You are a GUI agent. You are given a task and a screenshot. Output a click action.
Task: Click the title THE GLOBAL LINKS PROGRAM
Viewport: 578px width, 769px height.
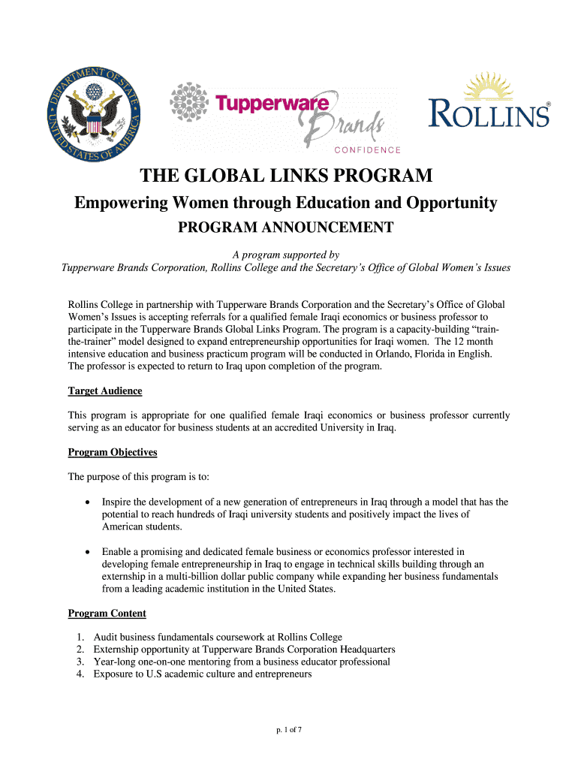tap(286, 176)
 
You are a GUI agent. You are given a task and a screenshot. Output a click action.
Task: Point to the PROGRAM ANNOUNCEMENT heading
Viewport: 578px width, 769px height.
tap(285, 228)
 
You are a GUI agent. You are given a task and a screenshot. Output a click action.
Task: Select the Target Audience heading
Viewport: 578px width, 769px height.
tap(105, 391)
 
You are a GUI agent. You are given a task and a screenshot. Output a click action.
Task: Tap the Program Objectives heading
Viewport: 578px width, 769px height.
tap(113, 452)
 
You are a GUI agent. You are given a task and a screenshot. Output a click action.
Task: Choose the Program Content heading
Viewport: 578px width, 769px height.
tap(107, 614)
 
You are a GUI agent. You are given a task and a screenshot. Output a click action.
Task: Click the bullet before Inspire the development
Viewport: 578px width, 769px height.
tap(89, 502)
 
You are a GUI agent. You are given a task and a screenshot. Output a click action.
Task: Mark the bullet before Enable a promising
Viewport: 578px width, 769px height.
tap(89, 552)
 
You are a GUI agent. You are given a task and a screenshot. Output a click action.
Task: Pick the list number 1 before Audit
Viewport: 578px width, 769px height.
tap(80, 637)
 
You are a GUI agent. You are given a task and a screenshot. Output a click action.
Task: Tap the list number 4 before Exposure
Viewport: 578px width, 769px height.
tap(80, 674)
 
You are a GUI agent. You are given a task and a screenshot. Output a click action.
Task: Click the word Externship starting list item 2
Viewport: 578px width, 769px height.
tap(117, 650)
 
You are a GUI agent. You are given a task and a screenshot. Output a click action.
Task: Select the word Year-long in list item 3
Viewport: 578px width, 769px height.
tap(115, 662)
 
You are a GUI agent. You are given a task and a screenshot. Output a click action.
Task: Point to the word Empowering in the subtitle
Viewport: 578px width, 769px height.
tap(119, 203)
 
